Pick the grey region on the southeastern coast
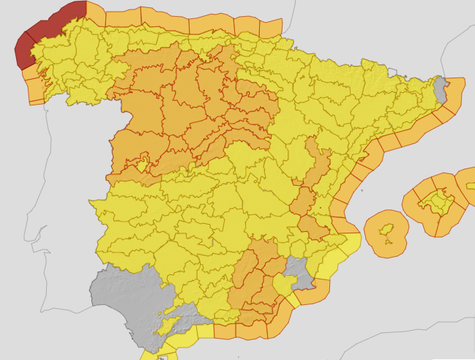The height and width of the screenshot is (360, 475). (x=299, y=271)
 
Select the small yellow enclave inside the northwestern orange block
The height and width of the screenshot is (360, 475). (x=141, y=162)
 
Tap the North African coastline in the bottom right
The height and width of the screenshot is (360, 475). (x=410, y=344)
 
